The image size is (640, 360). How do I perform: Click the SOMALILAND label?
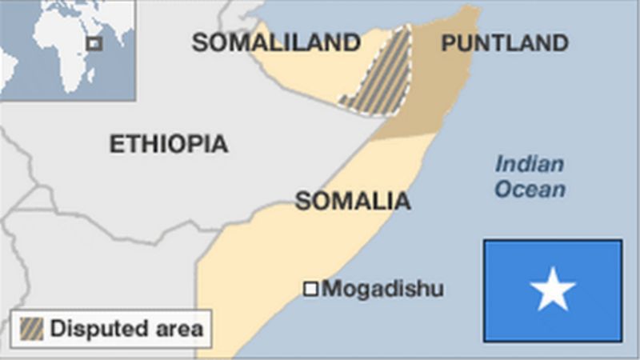coord(276,43)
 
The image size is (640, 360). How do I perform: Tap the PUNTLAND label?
coord(505,43)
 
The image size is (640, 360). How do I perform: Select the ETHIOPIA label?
coord(168,144)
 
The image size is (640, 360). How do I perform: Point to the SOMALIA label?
coord(353,201)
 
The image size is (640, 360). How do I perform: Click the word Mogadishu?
coord(382,289)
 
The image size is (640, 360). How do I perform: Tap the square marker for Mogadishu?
coord(310,289)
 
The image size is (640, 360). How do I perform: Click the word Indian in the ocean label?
coord(529,165)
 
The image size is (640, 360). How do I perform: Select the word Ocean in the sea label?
coord(529,190)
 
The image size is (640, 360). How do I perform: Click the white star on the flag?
coord(553,290)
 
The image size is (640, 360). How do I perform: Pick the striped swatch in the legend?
coord(32,328)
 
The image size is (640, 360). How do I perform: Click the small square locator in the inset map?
coord(94,43)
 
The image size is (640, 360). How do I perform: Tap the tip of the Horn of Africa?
coord(478,11)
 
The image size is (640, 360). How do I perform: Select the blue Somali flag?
coord(553,290)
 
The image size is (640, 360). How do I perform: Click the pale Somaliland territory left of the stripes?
coord(312,76)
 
